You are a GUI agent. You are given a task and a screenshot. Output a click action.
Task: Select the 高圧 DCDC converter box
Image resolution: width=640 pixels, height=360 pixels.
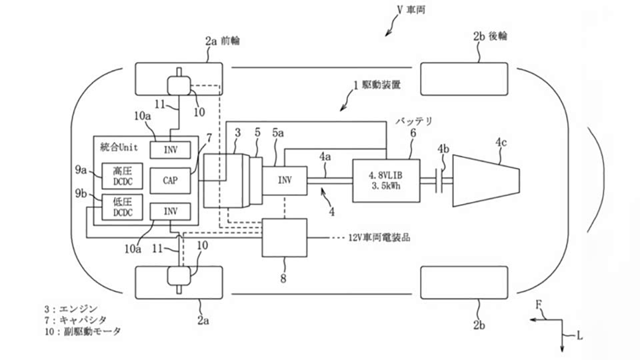coord(120,175)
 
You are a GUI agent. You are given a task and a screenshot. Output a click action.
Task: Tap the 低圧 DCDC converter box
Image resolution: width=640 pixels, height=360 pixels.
coord(120,208)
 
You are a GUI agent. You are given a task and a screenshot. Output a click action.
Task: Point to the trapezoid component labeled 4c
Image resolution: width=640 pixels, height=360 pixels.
coord(485,181)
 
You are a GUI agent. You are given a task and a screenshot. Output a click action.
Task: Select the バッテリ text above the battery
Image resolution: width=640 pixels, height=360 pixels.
coord(414,121)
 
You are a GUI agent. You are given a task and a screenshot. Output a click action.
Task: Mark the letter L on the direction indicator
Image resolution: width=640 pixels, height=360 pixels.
coord(579,337)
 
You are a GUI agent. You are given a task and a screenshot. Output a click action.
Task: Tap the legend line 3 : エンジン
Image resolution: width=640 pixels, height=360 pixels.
coord(71,309)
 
